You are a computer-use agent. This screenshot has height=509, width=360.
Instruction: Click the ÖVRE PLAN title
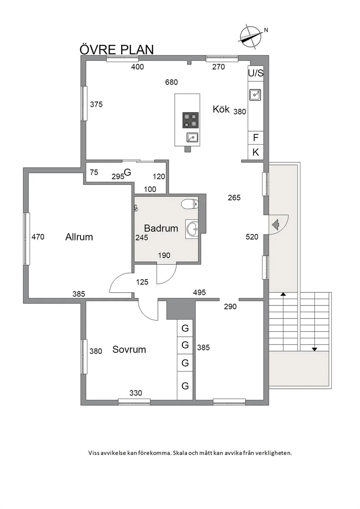117,50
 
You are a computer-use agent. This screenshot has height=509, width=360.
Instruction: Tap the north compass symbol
251,37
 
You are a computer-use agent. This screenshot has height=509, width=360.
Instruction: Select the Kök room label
221,109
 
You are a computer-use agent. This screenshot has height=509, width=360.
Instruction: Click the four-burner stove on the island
191,120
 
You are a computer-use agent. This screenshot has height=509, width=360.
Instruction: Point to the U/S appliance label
256,73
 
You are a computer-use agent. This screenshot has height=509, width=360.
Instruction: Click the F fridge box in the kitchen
256,137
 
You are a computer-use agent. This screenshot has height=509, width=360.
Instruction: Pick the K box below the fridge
256,152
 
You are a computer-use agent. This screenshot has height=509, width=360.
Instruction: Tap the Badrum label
161,228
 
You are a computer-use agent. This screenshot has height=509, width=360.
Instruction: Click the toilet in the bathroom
190,204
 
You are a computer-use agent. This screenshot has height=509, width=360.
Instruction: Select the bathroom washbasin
192,230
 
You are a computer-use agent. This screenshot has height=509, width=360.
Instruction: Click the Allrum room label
79,237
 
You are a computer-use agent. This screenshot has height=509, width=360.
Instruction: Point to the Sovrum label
129,349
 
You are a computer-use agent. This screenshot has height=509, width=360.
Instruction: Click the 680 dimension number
172,82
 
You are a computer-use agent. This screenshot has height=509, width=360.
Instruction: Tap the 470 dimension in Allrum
38,237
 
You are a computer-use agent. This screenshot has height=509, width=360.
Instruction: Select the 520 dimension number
252,237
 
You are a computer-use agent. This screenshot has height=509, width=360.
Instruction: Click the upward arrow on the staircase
283,294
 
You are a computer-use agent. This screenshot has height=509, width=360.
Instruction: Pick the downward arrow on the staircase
314,349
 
